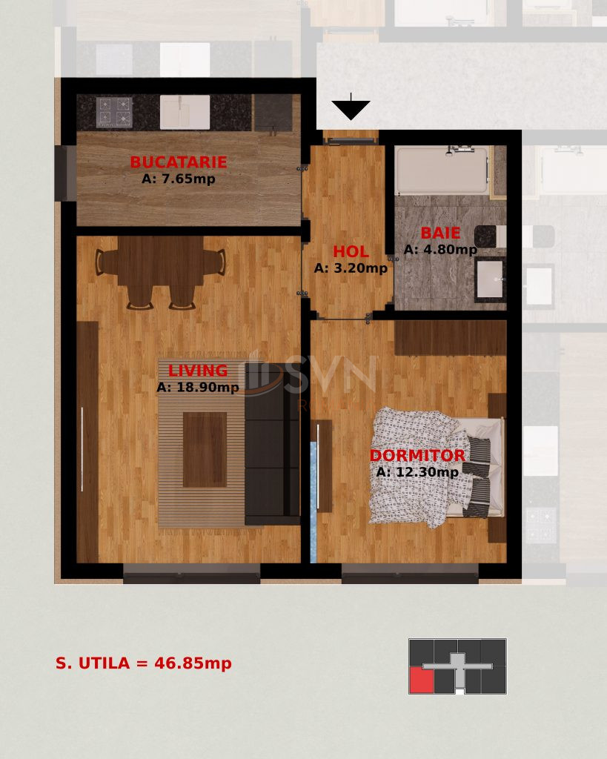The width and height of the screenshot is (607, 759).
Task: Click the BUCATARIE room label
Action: click(x=178, y=162)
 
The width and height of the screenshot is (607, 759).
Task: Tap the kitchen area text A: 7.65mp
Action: click(x=178, y=179)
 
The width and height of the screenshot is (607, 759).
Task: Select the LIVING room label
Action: click(x=197, y=371)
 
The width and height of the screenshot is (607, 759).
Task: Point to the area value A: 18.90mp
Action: click(x=197, y=387)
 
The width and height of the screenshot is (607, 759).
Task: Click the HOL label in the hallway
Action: click(x=351, y=252)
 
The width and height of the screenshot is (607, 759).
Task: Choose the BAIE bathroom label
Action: click(x=440, y=233)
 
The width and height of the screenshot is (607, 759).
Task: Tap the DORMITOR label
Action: click(x=417, y=456)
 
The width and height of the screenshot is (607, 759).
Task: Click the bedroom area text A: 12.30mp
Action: click(x=417, y=472)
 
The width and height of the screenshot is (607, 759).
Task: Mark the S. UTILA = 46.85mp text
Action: click(x=144, y=663)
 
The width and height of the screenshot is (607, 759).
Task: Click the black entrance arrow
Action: click(x=351, y=109)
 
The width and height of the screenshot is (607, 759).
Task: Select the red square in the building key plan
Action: click(x=421, y=680)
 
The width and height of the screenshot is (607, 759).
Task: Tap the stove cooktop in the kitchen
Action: click(x=114, y=112)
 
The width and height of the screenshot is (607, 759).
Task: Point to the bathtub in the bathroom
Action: click(x=441, y=170)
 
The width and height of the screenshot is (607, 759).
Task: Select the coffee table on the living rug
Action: click(x=205, y=449)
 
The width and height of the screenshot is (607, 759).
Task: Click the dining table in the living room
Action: click(x=160, y=262)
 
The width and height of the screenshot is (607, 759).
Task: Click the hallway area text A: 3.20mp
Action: click(x=351, y=268)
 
